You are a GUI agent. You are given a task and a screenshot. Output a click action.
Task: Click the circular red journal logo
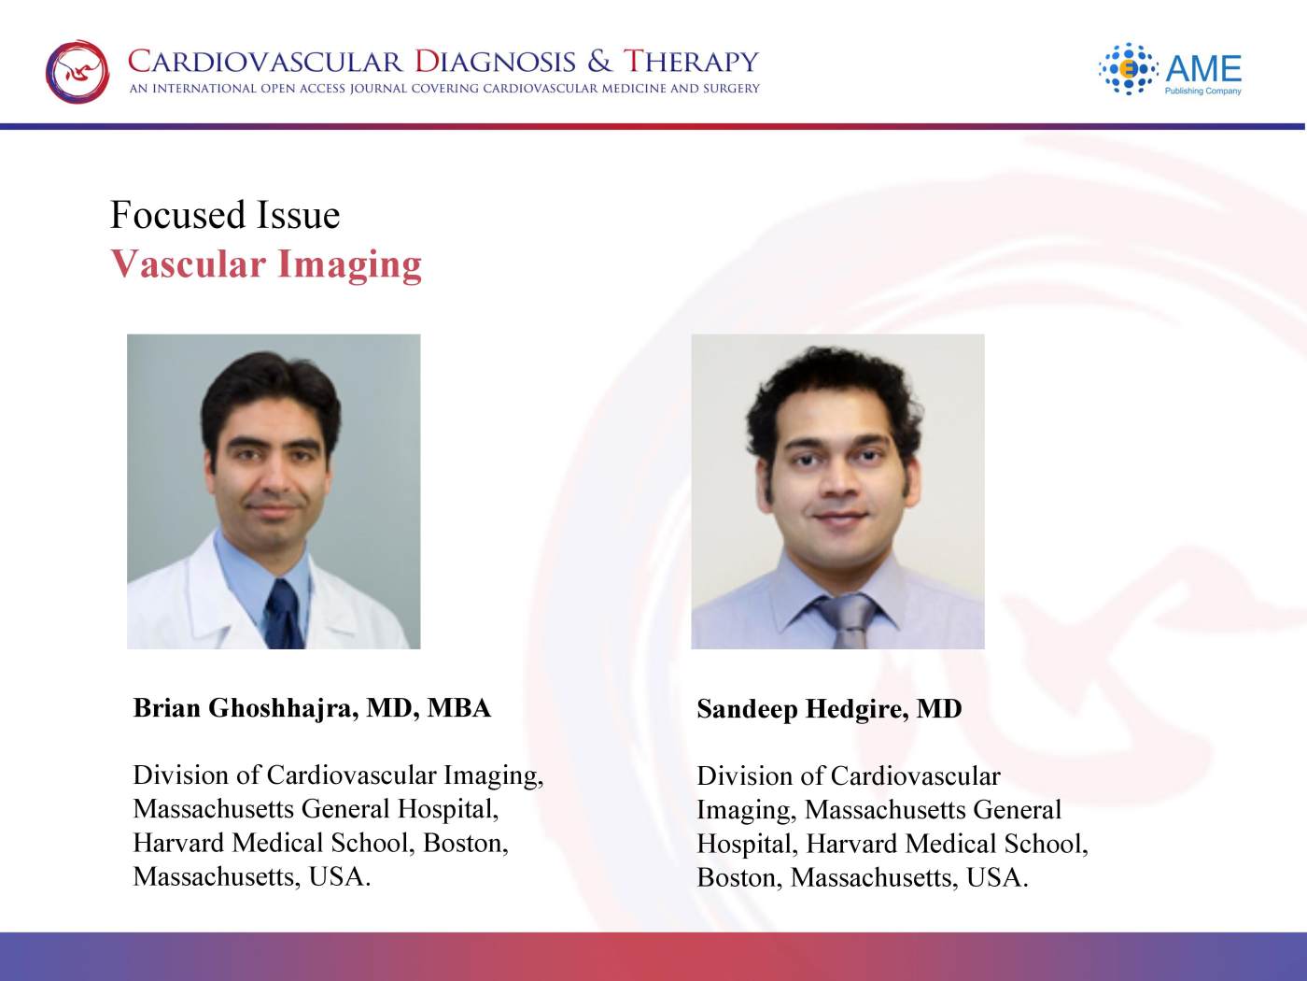pyautogui.click(x=77, y=72)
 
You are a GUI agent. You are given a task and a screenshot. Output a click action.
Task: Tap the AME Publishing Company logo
pyautogui.click(x=1170, y=69)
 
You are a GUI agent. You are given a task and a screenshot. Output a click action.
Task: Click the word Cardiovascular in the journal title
pyautogui.click(x=265, y=62)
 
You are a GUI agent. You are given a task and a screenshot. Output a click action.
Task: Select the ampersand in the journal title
pyautogui.click(x=599, y=62)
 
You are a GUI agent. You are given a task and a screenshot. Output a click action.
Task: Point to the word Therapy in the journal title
pyautogui.click(x=692, y=62)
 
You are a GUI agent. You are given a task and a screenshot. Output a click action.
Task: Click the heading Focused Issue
pyautogui.click(x=225, y=215)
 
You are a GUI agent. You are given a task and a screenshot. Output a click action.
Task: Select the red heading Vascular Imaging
pyautogui.click(x=266, y=264)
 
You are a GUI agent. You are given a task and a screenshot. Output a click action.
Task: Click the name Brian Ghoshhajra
pyautogui.click(x=246, y=708)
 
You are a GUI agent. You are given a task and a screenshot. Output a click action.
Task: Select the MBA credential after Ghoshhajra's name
pyautogui.click(x=459, y=708)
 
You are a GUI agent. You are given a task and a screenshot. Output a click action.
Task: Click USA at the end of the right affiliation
pyautogui.click(x=997, y=877)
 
